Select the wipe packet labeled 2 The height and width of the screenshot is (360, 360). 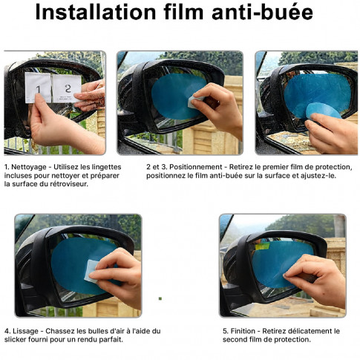coord(65,88)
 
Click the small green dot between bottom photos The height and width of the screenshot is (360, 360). coord(160,298)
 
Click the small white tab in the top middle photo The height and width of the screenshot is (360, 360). coord(194,102)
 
